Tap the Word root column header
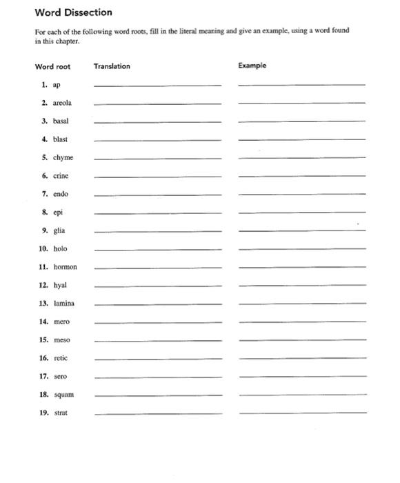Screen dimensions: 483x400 52,66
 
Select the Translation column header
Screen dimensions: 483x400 112,66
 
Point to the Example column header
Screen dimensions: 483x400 252,66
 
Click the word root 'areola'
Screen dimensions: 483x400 62,102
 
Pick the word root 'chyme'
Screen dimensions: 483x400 63,157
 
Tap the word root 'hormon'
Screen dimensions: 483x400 65,266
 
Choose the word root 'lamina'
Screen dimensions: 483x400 63,303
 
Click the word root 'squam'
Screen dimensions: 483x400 63,395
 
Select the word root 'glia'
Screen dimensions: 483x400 59,230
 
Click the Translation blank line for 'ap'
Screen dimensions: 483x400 157,85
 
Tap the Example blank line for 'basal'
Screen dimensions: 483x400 301,121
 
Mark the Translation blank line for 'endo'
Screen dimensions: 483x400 157,195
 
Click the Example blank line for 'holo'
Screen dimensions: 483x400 301,249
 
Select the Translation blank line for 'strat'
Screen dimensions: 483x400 157,413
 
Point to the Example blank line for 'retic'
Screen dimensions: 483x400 301,359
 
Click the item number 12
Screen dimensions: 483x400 43,285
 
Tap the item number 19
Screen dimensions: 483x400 43,413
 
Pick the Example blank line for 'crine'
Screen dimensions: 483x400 301,176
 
